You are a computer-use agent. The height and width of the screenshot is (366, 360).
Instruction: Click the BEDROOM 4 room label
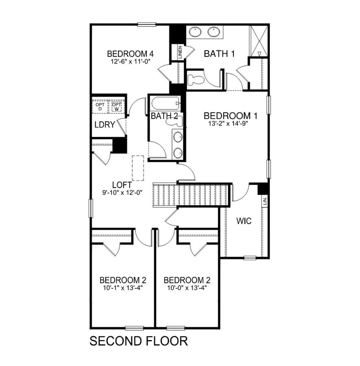tap(127, 54)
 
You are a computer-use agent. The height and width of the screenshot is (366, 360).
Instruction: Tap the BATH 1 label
tap(219, 54)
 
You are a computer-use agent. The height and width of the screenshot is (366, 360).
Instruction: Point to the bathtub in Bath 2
tap(165, 103)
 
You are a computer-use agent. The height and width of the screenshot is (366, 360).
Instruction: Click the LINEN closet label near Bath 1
tap(180, 53)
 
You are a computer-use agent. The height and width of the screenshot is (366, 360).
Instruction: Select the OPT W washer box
tap(117, 107)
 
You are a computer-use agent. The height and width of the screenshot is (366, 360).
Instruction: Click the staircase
tap(191, 195)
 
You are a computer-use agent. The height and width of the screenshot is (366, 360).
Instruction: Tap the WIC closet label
tap(244, 221)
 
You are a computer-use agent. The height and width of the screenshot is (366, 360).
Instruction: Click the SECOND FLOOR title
tap(139, 341)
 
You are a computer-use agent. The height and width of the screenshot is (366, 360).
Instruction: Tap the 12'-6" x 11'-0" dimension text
tap(127, 62)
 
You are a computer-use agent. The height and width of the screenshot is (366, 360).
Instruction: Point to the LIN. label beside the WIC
tap(265, 200)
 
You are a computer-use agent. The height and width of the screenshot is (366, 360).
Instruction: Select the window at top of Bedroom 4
tap(147, 24)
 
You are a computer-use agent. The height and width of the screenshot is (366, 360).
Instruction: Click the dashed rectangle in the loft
tap(138, 168)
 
